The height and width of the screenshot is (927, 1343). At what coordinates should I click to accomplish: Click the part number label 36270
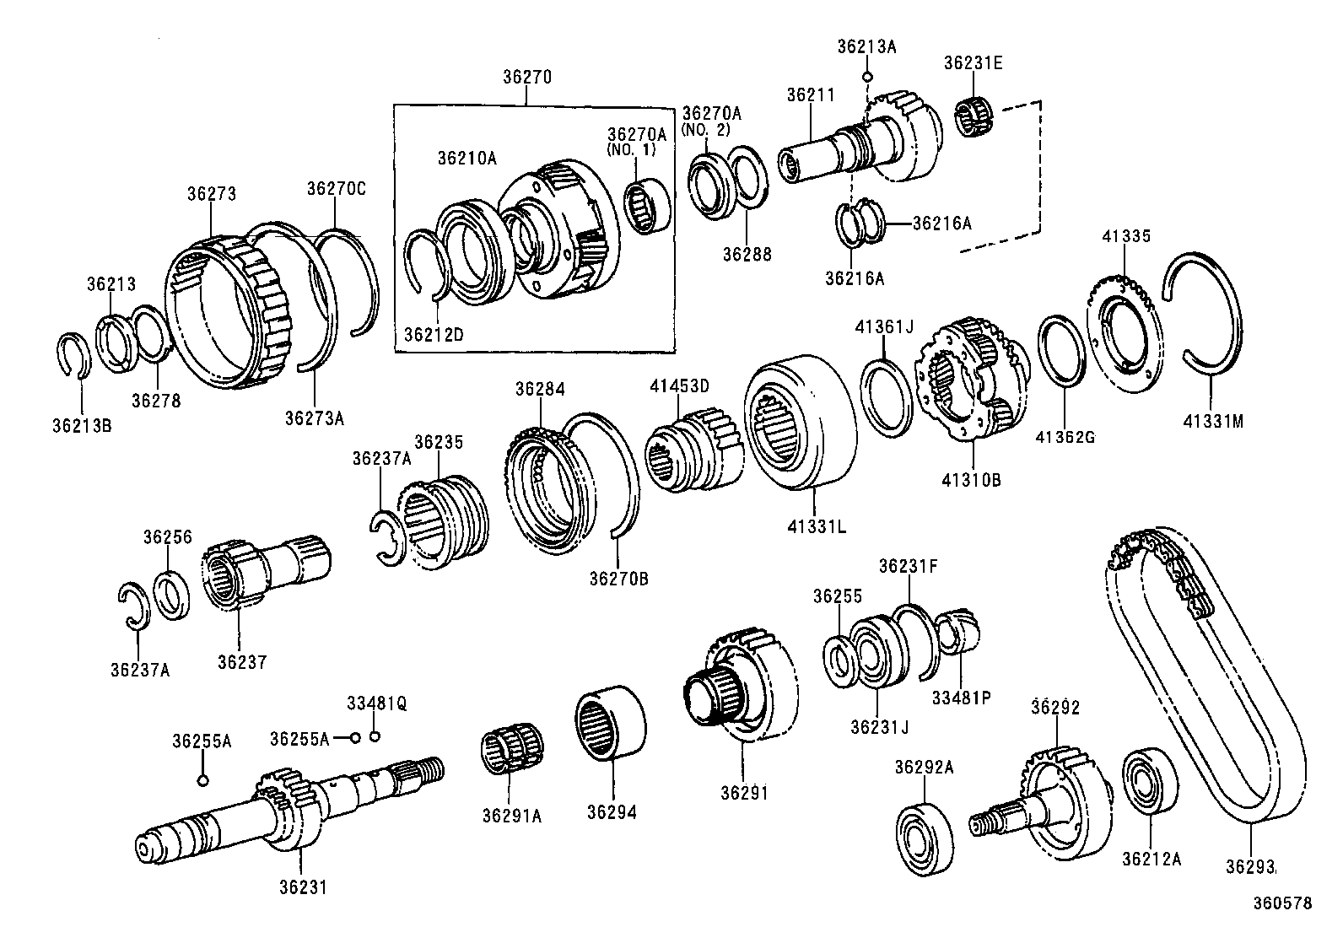coord(526,77)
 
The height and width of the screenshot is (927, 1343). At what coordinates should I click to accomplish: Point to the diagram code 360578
coord(1281,903)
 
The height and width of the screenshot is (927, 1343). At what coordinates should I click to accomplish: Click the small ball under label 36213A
coord(867,77)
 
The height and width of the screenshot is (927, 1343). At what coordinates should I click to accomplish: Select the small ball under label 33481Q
coord(375,736)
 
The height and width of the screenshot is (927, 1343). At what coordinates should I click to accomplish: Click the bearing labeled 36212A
coord(1150,779)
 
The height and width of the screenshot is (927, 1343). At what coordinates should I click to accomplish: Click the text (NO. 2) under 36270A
coord(705,130)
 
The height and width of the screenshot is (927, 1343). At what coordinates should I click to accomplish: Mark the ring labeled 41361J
coord(887,397)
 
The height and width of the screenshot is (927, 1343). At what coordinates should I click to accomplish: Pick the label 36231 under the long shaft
coord(302,887)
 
